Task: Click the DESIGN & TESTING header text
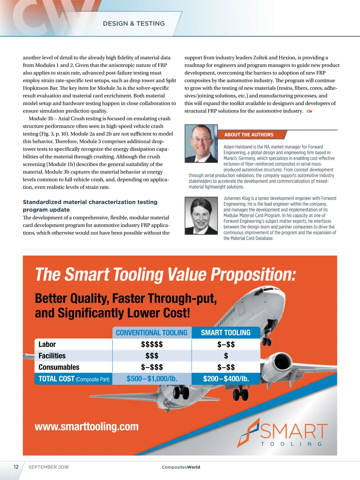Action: tap(134, 24)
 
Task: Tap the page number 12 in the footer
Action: tap(16, 467)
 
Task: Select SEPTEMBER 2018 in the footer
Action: tap(49, 467)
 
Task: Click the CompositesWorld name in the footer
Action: tap(181, 467)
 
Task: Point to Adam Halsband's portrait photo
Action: tap(201, 144)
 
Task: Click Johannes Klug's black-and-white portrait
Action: tap(201, 215)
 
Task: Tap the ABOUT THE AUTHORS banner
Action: tap(249, 135)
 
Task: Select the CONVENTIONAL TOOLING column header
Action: tap(151, 333)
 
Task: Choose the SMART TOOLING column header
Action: tap(226, 333)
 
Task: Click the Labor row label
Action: tap(47, 344)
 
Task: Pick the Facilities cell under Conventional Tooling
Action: tap(152, 356)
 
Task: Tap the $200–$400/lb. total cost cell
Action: tap(226, 379)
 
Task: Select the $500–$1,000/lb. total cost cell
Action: tap(152, 379)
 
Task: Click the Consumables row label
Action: tap(59, 367)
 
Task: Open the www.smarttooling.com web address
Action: tap(87, 427)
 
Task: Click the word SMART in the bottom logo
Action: tap(293, 431)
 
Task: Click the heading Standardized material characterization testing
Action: tap(90, 202)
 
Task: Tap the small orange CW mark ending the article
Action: tap(309, 111)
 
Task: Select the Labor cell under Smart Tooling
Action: tap(226, 344)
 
